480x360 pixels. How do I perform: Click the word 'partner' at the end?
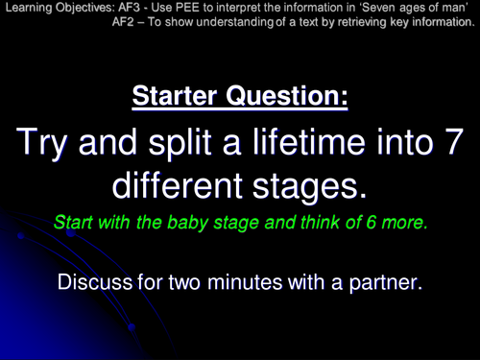coord(384,282)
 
